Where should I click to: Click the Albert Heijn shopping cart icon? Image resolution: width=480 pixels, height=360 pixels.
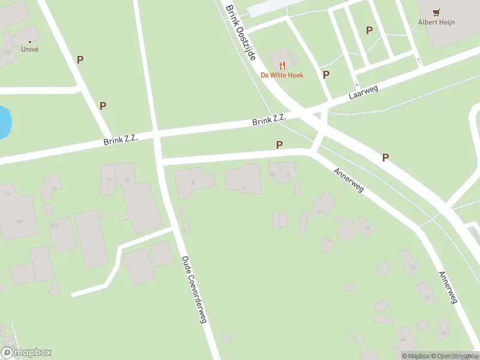[x=436, y=11]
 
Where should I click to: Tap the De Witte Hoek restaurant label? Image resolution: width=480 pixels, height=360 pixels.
[x=281, y=75]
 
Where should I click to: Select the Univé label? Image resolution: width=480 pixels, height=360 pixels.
[x=29, y=49]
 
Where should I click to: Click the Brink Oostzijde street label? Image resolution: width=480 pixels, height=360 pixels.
[x=241, y=33]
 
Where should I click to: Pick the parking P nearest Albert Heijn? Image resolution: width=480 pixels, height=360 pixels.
[x=369, y=30]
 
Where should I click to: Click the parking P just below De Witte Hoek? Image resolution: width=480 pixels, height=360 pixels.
[x=326, y=74]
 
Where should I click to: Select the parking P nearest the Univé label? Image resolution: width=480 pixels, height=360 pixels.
[x=80, y=59]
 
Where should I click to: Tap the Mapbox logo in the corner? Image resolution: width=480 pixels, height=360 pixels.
[x=26, y=353]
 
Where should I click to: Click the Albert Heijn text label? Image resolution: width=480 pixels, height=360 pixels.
[x=436, y=22]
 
